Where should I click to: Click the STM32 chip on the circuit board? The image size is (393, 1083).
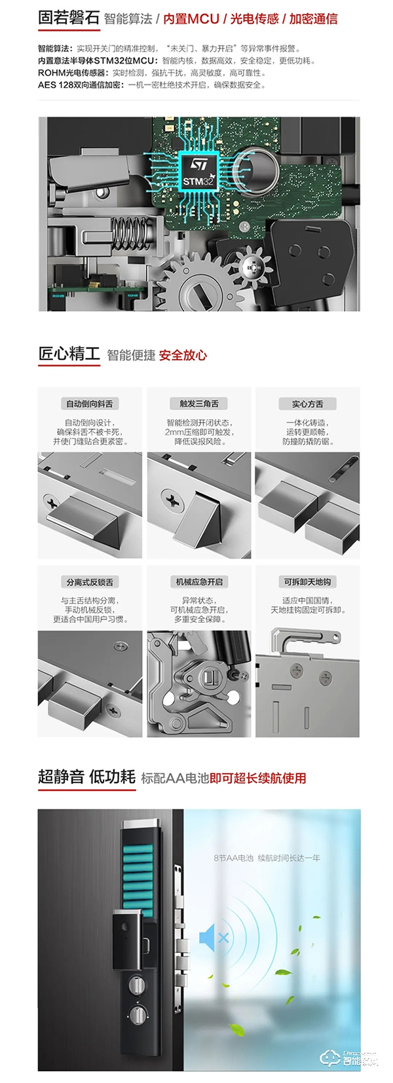[x=197, y=172]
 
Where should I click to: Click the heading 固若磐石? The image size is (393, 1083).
[x=68, y=18]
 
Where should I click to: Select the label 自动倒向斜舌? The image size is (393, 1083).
[x=89, y=404]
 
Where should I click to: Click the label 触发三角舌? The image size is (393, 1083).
[x=199, y=404]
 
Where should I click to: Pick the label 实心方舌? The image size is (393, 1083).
[x=307, y=404]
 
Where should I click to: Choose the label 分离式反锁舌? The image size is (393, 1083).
[x=89, y=582]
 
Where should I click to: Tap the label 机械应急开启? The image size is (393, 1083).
[x=199, y=582]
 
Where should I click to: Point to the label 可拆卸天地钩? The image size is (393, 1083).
[x=307, y=582]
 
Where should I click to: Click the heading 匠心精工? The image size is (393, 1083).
[x=69, y=354]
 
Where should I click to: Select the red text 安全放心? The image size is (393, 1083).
[x=183, y=356]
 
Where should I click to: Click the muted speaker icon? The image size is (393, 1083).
[x=214, y=938]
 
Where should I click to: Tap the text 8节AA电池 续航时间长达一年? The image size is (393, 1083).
[x=267, y=858]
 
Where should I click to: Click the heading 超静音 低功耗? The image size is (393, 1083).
[x=86, y=777]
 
